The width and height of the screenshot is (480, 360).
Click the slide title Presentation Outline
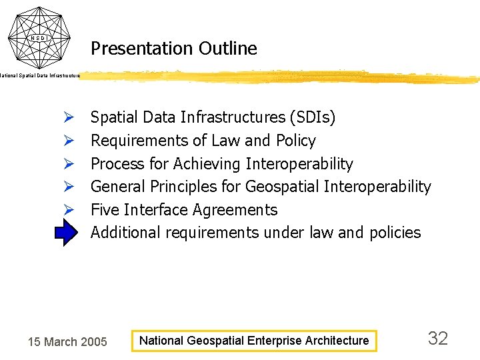(173, 49)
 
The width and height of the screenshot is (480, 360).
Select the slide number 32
(437, 339)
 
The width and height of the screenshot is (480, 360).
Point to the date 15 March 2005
(67, 342)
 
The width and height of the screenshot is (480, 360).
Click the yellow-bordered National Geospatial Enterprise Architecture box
(253, 341)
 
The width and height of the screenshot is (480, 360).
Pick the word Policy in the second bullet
(294, 141)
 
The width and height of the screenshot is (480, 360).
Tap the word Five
(105, 210)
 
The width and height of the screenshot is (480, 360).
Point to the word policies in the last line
(394, 233)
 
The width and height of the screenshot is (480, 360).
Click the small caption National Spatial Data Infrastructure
(40, 76)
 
